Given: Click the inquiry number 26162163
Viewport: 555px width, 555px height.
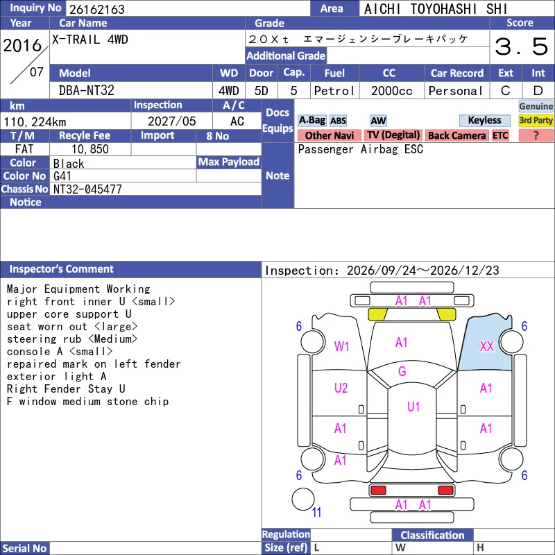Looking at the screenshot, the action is [x=97, y=9].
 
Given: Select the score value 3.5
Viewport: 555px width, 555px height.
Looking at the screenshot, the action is [x=522, y=46].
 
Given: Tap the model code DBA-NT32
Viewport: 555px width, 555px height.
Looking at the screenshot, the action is [x=86, y=91].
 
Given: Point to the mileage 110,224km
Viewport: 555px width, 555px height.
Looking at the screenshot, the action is [x=35, y=122].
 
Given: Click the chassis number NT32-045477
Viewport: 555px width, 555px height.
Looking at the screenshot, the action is [x=87, y=189].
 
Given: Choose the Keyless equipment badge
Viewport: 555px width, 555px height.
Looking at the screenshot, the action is [x=484, y=120].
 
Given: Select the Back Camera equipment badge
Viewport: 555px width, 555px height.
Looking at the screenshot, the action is [x=456, y=135].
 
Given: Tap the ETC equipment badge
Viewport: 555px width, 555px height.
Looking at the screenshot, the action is [x=500, y=135].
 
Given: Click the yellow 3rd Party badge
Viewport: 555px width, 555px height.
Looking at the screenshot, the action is [x=536, y=120].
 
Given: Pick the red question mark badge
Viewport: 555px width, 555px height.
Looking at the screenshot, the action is [x=536, y=135].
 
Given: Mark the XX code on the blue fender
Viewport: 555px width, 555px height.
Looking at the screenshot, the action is [x=487, y=346].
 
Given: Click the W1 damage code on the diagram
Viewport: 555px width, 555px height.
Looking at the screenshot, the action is [x=341, y=346].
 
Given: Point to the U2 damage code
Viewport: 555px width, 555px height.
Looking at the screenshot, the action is [x=341, y=388].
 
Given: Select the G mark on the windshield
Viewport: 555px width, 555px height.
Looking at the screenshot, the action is [x=402, y=371].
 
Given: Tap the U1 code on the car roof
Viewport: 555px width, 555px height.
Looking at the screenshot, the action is [x=413, y=407].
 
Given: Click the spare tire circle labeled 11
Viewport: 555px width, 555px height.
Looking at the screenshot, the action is [x=303, y=499].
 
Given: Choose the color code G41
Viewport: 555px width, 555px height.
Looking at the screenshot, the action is [x=62, y=176].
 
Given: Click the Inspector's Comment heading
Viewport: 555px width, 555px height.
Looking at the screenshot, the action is [x=61, y=269].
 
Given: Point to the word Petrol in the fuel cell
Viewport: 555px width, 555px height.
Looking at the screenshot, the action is [x=334, y=91].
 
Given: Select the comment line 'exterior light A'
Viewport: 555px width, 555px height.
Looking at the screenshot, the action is [x=57, y=376].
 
